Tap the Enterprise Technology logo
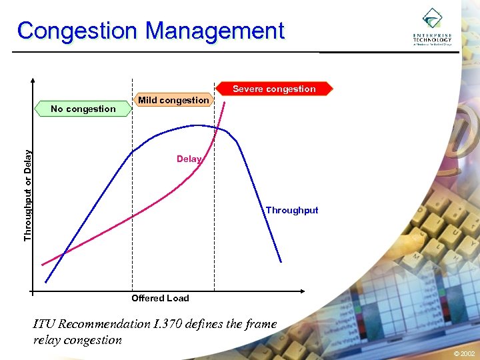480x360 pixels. [x=432, y=27]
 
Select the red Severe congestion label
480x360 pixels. [x=274, y=89]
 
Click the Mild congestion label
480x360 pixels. [x=173, y=100]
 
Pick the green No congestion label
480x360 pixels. [x=83, y=109]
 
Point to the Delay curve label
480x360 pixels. [x=188, y=159]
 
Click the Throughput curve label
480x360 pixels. [x=292, y=210]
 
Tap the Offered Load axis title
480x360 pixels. [x=160, y=298]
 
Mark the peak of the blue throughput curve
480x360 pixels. [x=195, y=125]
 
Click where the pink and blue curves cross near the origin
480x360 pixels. [x=63, y=253]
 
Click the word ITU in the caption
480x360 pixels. [x=45, y=324]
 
